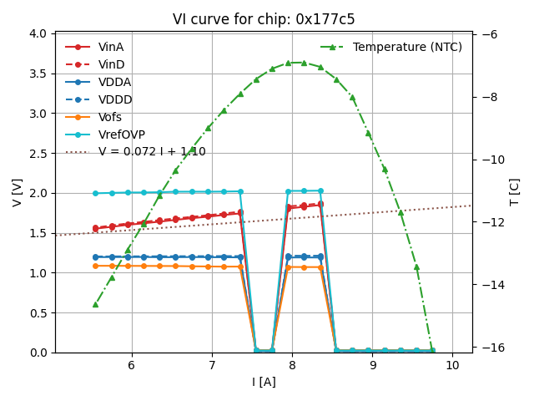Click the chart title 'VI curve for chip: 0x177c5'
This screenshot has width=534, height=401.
[264, 19]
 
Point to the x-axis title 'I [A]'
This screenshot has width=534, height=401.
[264, 382]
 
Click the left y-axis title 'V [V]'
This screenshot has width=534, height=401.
[18, 192]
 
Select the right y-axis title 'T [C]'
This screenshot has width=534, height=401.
[514, 192]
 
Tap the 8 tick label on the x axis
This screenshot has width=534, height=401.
[292, 366]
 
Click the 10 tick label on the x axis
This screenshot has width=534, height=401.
[452, 366]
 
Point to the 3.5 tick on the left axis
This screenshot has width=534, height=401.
[38, 74]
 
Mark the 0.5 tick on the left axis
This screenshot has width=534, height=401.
[38, 313]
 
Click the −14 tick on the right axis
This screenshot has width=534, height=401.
[491, 285]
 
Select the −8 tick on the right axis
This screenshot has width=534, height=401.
[491, 97]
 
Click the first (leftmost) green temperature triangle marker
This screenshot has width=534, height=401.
[95, 304]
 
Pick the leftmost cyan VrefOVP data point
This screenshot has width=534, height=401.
[95, 193]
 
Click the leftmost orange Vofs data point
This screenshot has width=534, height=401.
[95, 266]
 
